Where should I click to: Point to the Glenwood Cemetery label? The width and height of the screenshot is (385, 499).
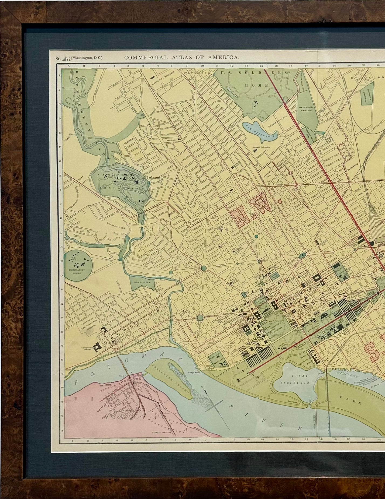pos(306,108)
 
